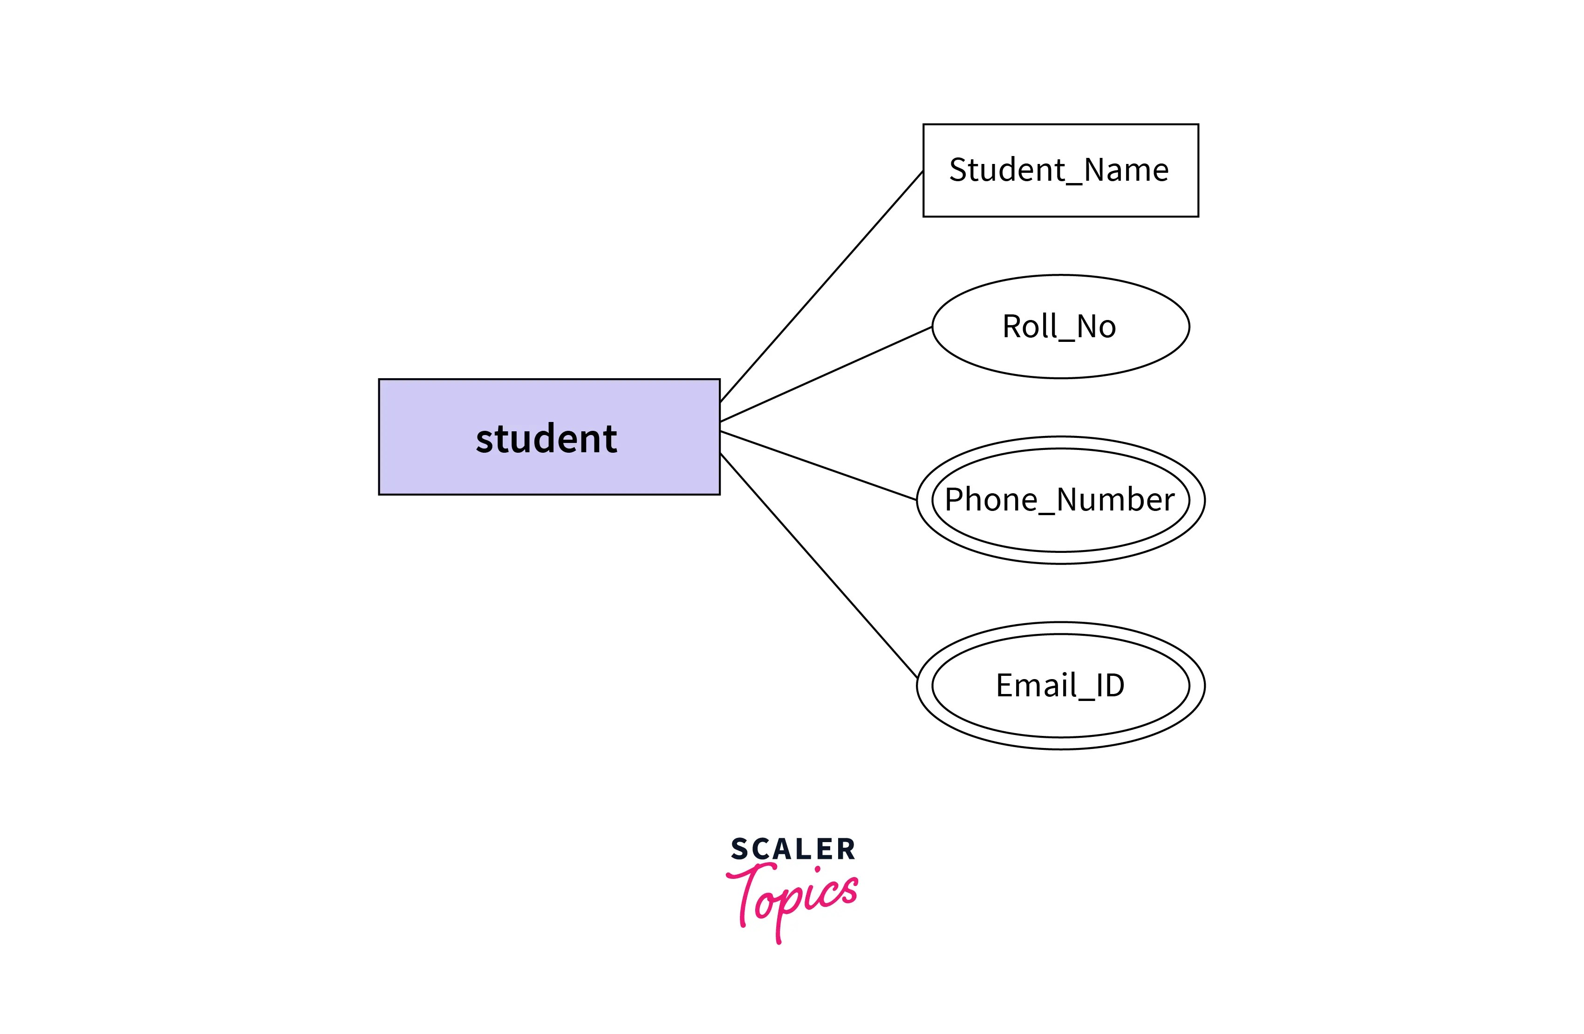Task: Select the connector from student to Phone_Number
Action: [819, 465]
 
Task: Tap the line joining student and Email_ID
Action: [819, 565]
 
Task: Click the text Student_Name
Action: [1058, 170]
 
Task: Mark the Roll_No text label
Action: [1058, 327]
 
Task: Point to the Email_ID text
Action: [1059, 685]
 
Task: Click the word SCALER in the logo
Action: [792, 850]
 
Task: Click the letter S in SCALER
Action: [739, 850]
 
